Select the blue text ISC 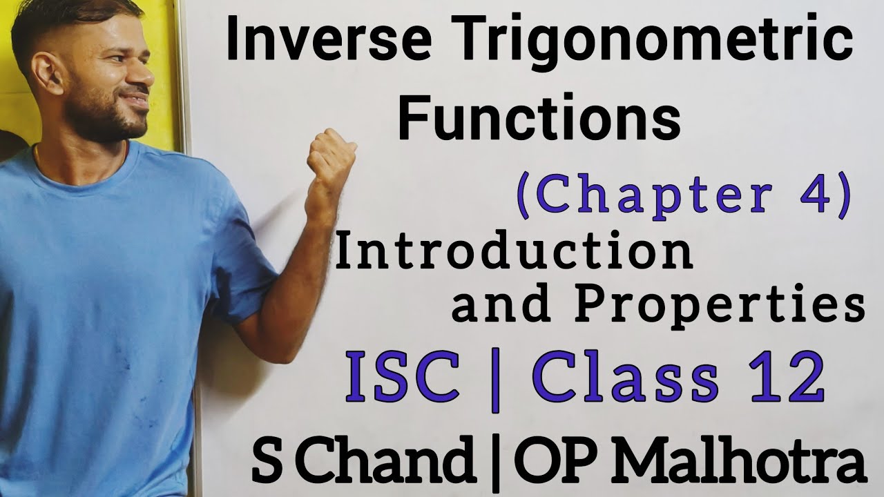point(403,379)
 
